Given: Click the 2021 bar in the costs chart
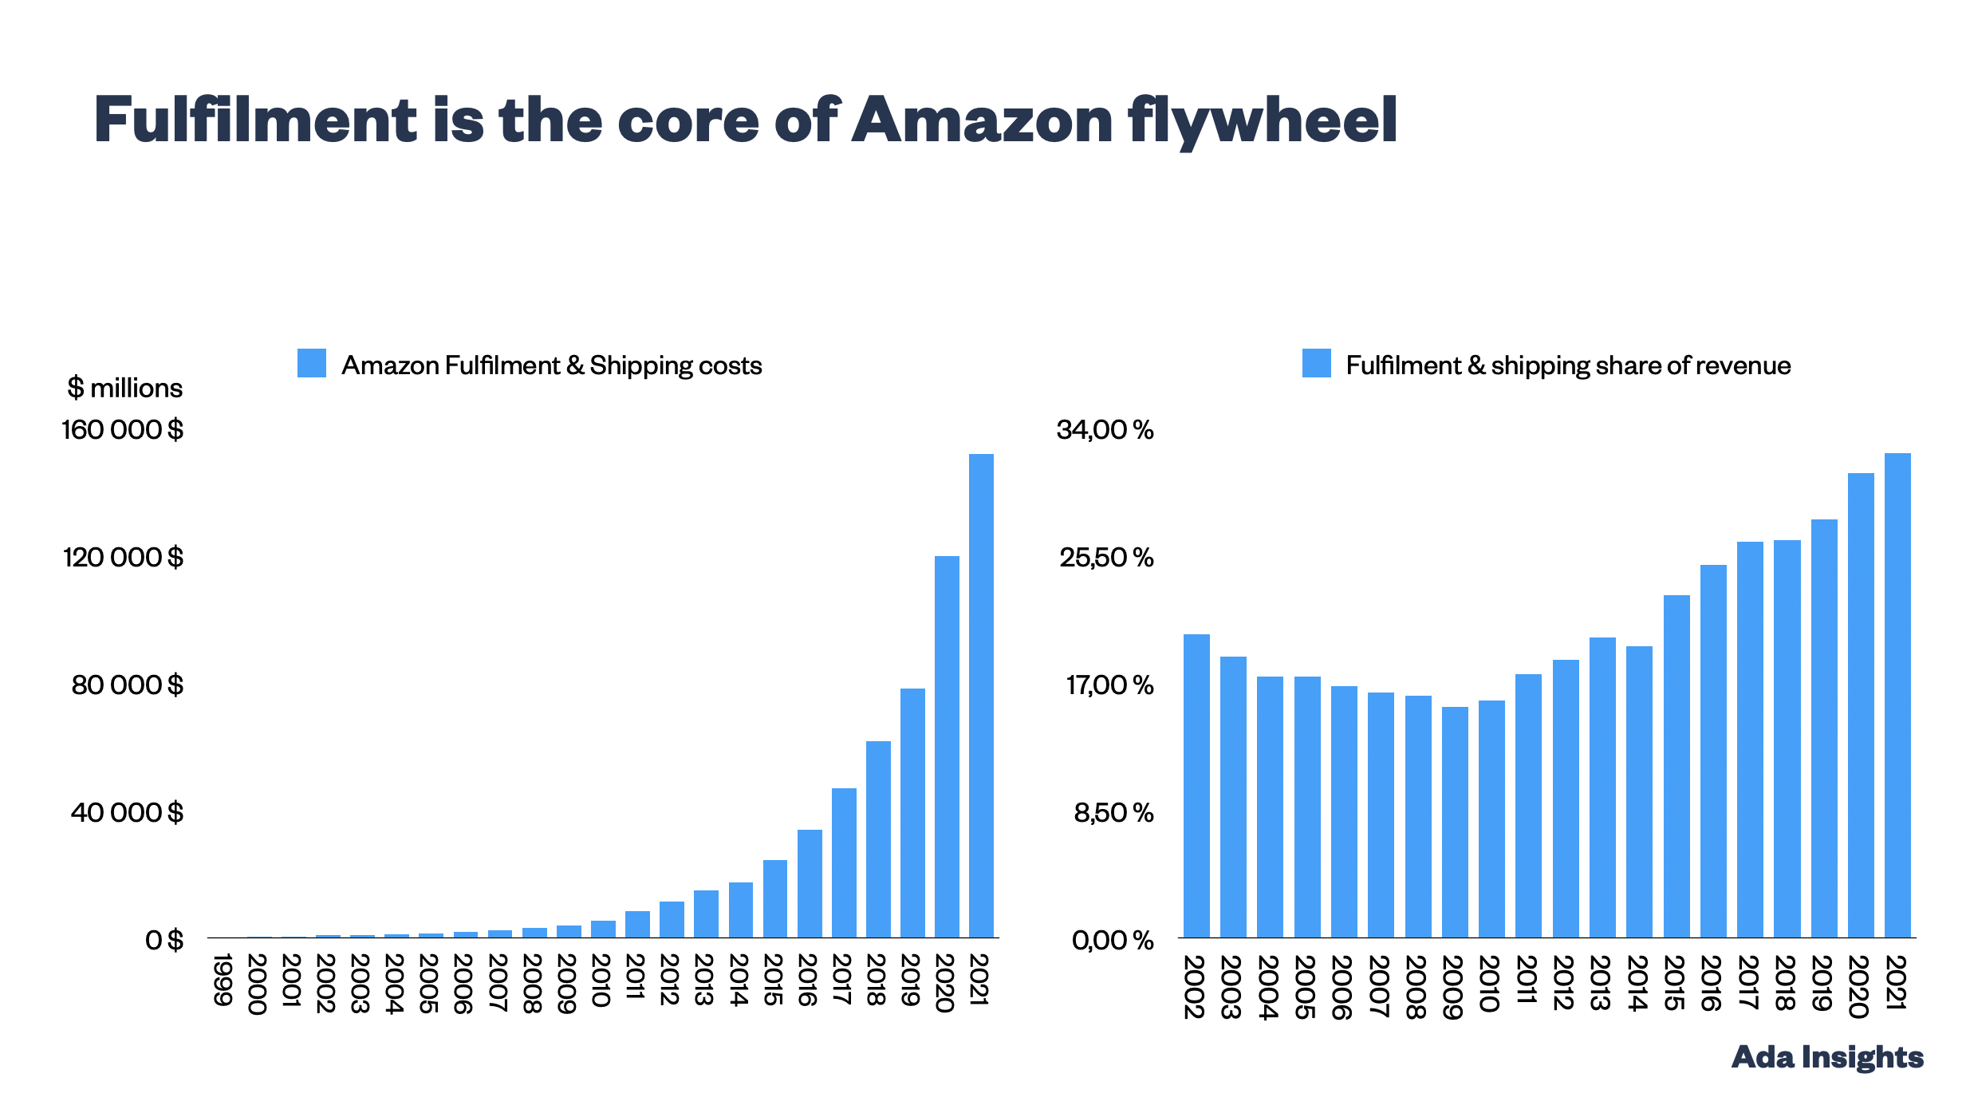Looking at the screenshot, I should coord(981,694).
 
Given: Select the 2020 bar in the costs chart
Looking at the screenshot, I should coord(947,746).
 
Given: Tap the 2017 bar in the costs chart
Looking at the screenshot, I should coord(844,862).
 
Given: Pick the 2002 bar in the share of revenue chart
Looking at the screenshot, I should coord(1196,786).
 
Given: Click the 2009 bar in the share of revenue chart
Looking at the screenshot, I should coord(1455,822).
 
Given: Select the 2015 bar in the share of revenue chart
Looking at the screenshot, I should coord(1676,766).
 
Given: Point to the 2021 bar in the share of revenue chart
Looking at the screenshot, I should coord(1897,694).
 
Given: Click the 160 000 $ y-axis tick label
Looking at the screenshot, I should coord(123,430).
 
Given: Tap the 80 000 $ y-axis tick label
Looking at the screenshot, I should coord(128,685).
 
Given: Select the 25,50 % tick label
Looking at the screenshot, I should coord(1106,557).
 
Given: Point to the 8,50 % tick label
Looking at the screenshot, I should coord(1113,812).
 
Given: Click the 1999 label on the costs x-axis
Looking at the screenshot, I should coord(223,979).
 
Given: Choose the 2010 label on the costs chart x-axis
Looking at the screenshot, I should coord(601,981).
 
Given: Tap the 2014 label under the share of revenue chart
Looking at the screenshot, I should coord(1637,983).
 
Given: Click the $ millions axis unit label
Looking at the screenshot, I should coord(125,388).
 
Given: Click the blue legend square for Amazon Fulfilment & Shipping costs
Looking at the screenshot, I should coord(312,363).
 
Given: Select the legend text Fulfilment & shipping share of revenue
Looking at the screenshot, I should coord(1568,365).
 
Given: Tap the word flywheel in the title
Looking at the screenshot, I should coord(1263,120).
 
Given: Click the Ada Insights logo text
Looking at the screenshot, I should coord(1827,1057).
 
